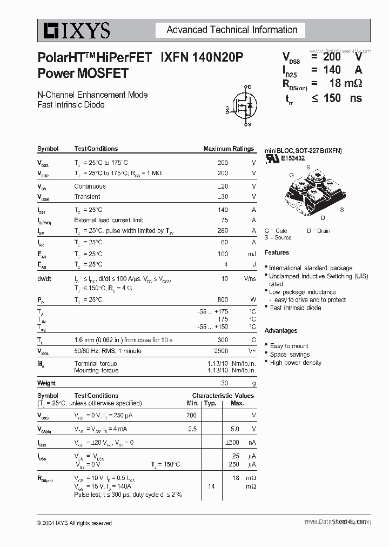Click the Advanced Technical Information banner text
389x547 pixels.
pyautogui.click(x=232, y=30)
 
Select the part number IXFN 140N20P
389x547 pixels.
pyautogui.click(x=202, y=57)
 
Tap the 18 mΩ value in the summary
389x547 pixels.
pyautogui.click(x=341, y=83)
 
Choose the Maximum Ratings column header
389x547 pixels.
pyautogui.click(x=228, y=149)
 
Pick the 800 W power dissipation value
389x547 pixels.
pyautogui.click(x=222, y=299)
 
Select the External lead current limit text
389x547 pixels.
pyautogui.click(x=109, y=220)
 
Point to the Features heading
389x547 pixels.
pyautogui.click(x=277, y=252)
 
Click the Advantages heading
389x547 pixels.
pyautogui.click(x=280, y=330)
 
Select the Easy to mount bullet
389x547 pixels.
pyautogui.click(x=289, y=346)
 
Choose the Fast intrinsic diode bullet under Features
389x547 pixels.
pyautogui.click(x=296, y=308)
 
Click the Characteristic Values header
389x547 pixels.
pyautogui.click(x=223, y=396)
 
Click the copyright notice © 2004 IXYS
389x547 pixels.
pyautogui.click(x=74, y=523)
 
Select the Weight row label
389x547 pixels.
pyautogui.click(x=46, y=383)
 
